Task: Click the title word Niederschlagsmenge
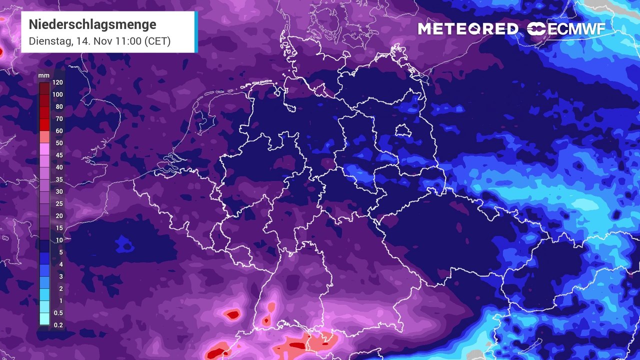click(x=92, y=24)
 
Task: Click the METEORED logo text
click(x=468, y=29)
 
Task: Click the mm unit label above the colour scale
click(x=44, y=76)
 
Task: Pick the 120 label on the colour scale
click(x=57, y=82)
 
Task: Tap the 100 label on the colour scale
click(x=57, y=94)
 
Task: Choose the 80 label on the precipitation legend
click(x=59, y=106)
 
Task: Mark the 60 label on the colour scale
click(x=59, y=131)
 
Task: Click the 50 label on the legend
click(x=59, y=143)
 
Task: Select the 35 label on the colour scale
click(x=59, y=179)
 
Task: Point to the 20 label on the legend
click(x=59, y=216)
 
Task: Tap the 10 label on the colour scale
click(x=59, y=240)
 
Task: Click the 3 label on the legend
click(x=60, y=276)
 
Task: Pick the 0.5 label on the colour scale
click(x=58, y=313)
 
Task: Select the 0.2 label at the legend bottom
click(x=58, y=325)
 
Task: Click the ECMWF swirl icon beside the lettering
click(x=536, y=29)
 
